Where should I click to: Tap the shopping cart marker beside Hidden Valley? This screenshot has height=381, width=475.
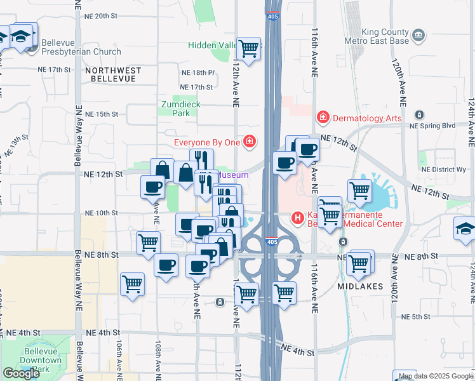point(248,48)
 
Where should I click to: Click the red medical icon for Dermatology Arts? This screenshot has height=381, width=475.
point(323,117)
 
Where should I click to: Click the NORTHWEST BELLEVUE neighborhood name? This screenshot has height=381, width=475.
point(112,74)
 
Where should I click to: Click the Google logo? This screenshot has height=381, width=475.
point(21,373)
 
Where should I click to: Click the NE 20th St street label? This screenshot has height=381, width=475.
point(105,15)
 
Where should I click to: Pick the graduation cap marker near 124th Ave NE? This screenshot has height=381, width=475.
point(465,229)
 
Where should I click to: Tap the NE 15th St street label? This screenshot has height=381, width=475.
point(105,114)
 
